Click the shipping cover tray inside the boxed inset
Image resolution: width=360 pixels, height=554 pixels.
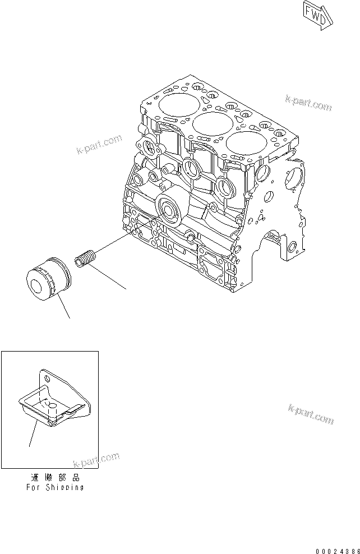[51, 403]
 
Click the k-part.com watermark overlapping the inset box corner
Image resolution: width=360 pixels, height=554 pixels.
[96, 460]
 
